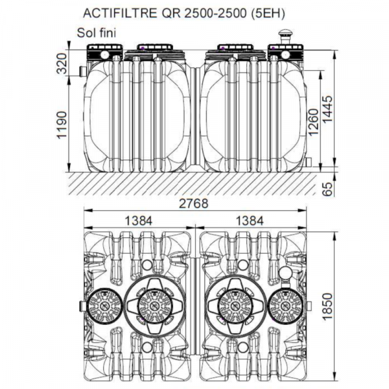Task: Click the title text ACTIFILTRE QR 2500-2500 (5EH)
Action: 184,13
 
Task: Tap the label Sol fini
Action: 97,33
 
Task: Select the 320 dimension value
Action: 62,64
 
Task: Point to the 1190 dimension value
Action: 62,124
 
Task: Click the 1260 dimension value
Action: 313,123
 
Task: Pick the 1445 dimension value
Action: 327,109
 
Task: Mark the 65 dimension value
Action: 328,189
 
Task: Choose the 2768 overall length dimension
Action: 194,204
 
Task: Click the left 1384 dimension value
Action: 139,221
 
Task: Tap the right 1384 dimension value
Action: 250,221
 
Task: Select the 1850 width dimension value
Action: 327,307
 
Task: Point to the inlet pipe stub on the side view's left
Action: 83,71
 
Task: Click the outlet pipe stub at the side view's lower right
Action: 309,163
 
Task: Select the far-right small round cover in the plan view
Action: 285,305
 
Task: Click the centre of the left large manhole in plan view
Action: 155,305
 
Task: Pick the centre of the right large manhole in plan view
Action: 235,305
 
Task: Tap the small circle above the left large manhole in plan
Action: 147,265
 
